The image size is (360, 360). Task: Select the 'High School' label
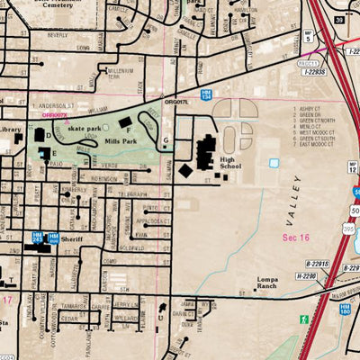point(230,166)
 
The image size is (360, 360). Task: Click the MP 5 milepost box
point(308,36)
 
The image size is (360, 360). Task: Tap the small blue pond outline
point(274,164)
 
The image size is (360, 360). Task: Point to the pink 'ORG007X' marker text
point(53,114)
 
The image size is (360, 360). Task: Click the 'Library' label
point(10,130)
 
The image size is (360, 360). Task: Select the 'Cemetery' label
point(61,4)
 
